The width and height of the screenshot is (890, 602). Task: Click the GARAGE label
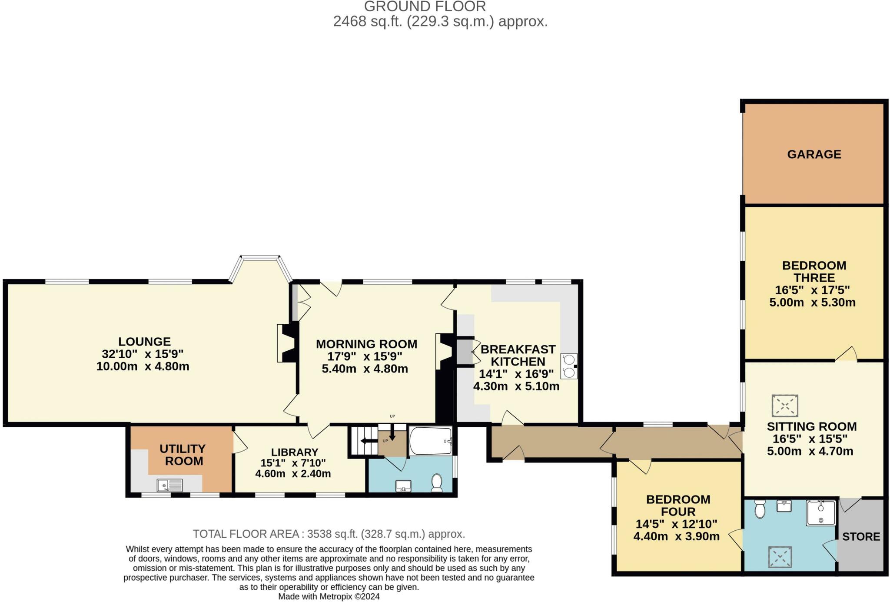click(814, 154)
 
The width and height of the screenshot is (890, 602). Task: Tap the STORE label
click(861, 536)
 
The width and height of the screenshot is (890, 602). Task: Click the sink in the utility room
click(170, 485)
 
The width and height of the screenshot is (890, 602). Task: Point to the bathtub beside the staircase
click(430, 441)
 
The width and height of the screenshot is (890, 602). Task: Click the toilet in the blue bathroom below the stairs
click(436, 482)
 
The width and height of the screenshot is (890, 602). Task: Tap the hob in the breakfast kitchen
click(569, 366)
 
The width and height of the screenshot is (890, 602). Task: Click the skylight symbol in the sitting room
click(784, 406)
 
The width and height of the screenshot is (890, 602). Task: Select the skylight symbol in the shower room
click(780, 557)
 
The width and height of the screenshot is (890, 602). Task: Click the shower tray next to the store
click(821, 513)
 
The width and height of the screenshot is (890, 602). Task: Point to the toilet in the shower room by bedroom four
click(760, 509)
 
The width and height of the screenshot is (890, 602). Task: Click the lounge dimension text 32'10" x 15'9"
click(143, 354)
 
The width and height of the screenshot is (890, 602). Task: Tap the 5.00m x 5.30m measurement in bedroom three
click(812, 303)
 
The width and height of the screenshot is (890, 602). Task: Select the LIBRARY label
click(295, 452)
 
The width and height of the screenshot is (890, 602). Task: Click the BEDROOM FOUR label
click(678, 506)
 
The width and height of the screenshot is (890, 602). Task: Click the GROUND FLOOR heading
click(425, 7)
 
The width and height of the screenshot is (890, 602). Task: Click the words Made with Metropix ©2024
click(329, 596)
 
